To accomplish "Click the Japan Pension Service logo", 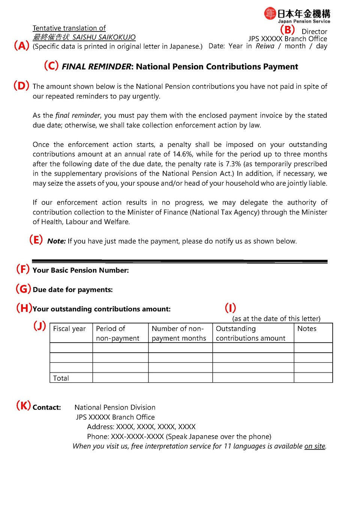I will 297,15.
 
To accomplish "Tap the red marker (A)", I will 21,46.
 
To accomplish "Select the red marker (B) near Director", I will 288,30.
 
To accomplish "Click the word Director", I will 314,31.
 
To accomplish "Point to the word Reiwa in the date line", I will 265,46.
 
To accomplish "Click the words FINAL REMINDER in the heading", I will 96,67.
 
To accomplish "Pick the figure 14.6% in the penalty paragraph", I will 183,154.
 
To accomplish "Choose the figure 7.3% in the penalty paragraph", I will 233,164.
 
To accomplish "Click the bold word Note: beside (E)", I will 56,241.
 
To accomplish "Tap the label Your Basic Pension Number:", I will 81,270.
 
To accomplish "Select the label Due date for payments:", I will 73,290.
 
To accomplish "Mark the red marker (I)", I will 230,308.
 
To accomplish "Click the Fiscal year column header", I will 69,329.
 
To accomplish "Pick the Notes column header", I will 307,329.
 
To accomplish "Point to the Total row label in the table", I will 61,378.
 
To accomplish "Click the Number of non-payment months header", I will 179,333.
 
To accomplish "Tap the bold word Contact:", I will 47,407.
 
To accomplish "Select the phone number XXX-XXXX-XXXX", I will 137,437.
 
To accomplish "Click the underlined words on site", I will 315,446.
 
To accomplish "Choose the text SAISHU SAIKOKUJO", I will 104,37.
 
